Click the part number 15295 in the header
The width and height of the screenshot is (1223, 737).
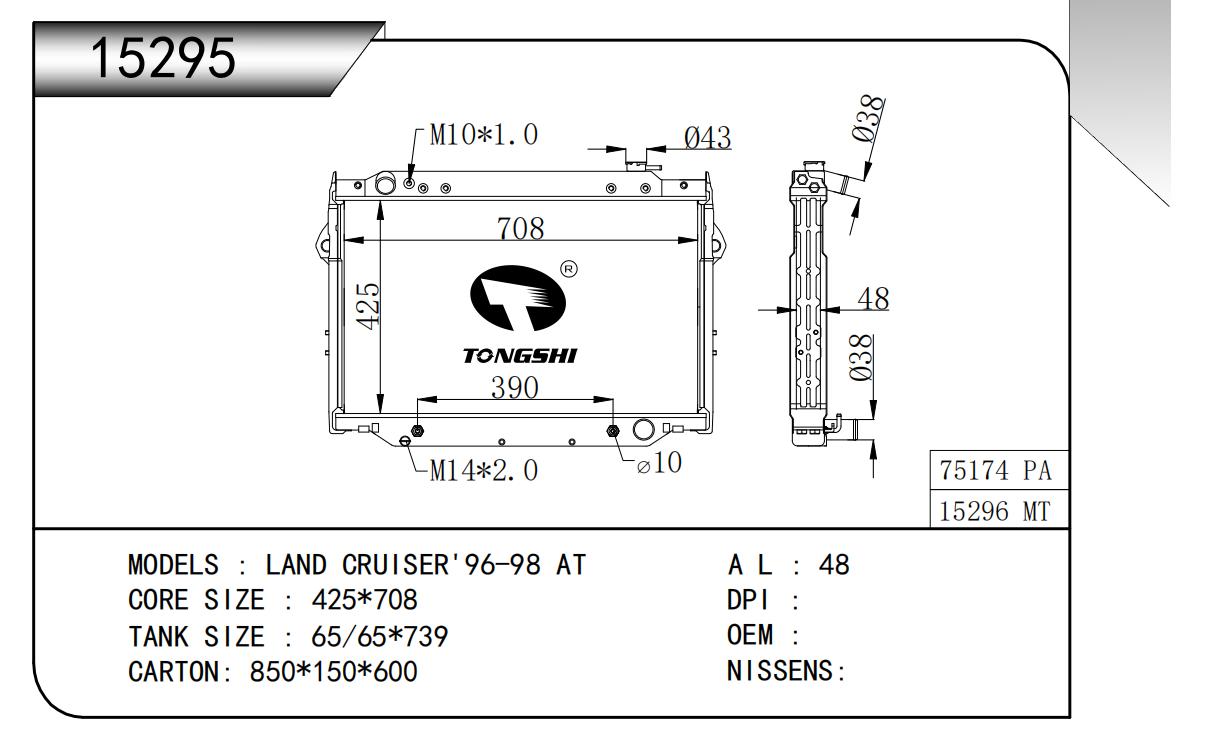[x=164, y=59]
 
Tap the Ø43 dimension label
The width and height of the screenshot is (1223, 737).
[x=707, y=138]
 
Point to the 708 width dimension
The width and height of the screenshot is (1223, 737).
[x=521, y=228]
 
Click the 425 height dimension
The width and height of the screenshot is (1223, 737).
[x=368, y=306]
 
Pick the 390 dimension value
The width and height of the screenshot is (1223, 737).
[x=514, y=388]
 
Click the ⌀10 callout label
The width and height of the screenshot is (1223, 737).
[x=660, y=463]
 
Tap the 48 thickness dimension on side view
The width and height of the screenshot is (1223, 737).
[x=874, y=298]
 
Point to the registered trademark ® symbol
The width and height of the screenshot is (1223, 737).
[x=567, y=268]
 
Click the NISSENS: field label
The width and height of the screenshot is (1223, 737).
[x=786, y=672]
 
